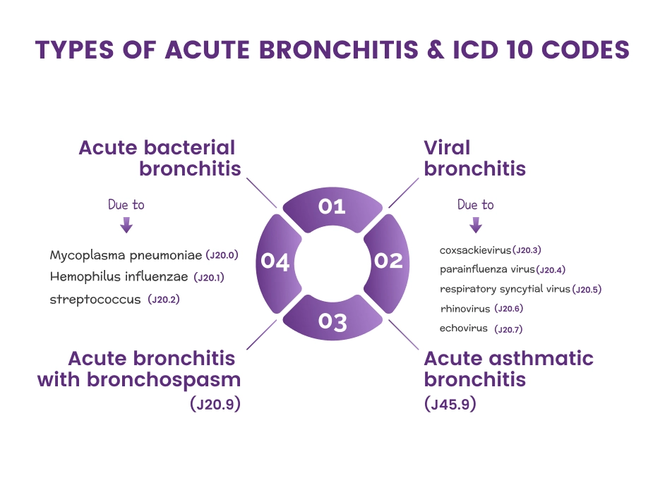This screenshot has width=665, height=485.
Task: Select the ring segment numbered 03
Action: (332, 321)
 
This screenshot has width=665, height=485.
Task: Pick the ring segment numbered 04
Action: (276, 262)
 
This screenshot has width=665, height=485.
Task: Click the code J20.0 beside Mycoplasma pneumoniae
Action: (221, 255)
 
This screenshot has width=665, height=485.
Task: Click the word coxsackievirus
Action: (474, 250)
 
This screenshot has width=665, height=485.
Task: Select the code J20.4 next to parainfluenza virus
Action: (551, 270)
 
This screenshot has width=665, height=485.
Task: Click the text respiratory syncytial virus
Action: (505, 289)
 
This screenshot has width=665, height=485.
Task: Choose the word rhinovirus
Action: (465, 309)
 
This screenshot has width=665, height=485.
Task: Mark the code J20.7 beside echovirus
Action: (508, 329)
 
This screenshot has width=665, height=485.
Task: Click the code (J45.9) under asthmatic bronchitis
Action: (450, 405)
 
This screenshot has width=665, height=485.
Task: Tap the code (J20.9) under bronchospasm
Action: (215, 405)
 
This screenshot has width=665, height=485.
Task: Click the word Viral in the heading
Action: (447, 148)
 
